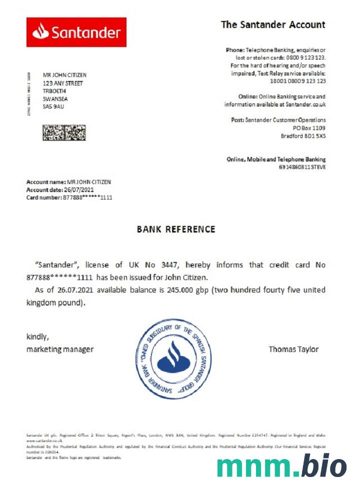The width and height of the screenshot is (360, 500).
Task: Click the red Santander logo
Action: pyautogui.click(x=76, y=32)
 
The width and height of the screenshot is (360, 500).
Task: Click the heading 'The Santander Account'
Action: pyautogui.click(x=273, y=24)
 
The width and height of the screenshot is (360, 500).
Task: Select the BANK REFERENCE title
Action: pyautogui.click(x=176, y=229)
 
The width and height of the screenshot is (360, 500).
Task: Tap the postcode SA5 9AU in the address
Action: pyautogui.click(x=53, y=106)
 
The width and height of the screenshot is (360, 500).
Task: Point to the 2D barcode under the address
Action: pyautogui.click(x=64, y=133)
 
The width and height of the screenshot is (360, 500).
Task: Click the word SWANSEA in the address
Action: pyautogui.click(x=55, y=99)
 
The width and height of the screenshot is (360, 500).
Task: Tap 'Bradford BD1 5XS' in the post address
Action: pyautogui.click(x=303, y=136)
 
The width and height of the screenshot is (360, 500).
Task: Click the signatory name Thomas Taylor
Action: pyautogui.click(x=293, y=349)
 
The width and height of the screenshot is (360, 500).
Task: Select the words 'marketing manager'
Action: pyautogui.click(x=59, y=349)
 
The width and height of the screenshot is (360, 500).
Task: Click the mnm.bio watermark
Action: pyautogui.click(x=281, y=466)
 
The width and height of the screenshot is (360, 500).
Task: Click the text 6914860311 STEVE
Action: pyautogui.click(x=302, y=167)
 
